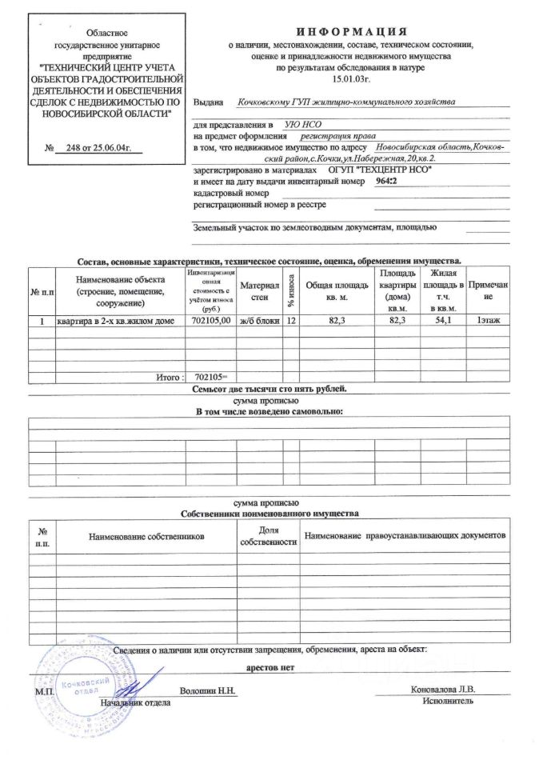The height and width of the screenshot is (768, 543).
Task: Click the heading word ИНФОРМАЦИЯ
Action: [351, 31]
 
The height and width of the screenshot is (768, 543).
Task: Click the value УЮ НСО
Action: [297, 126]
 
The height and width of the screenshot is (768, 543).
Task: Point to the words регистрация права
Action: [334, 137]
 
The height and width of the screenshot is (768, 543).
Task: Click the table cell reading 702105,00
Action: [212, 321]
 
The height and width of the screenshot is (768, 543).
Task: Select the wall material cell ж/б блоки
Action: [260, 321]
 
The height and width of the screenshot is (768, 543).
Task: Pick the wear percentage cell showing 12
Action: [291, 321]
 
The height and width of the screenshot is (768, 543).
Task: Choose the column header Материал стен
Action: [260, 291]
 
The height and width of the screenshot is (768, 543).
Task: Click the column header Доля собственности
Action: [268, 537]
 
